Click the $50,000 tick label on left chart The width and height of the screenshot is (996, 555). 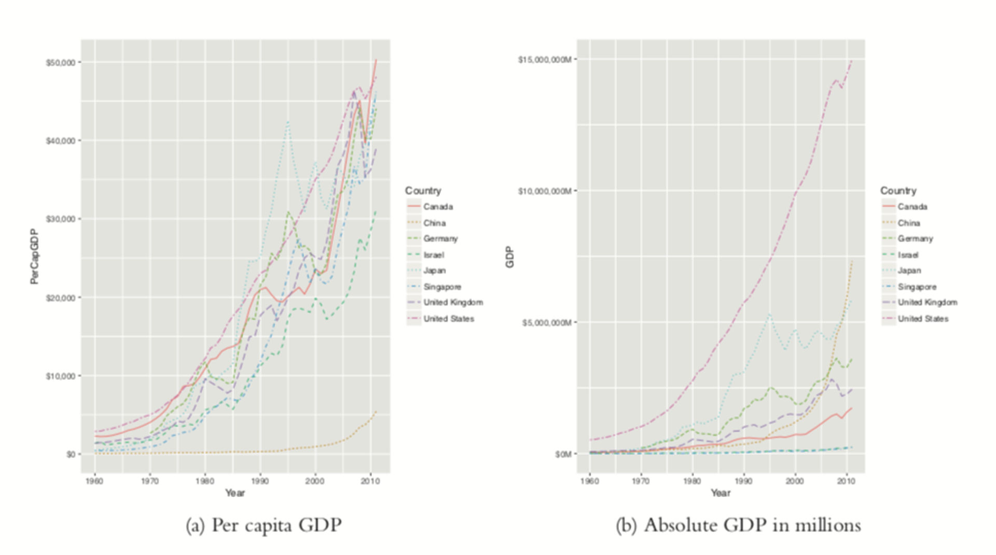pos(61,63)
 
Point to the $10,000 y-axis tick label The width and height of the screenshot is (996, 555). pos(61,376)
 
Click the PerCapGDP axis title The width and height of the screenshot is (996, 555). pos(34,257)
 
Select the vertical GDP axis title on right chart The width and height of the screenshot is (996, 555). pos(509,257)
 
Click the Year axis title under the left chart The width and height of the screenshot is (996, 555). pos(234,493)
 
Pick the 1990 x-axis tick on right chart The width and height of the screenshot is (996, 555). pos(743,481)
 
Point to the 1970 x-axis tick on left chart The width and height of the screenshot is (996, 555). pos(149,481)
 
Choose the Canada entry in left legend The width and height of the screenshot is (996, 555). pos(438,207)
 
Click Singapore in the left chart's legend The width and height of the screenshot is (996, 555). pos(442,287)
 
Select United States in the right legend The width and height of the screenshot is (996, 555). pos(923,319)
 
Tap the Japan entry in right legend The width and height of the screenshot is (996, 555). pos(909,271)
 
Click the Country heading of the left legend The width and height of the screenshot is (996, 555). pos(423,191)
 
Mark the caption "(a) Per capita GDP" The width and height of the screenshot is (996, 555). pos(264,525)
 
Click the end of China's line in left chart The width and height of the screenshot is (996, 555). pos(376,411)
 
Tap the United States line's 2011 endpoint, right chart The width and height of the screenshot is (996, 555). pos(852,61)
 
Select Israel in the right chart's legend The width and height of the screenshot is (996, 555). pos(908,255)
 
